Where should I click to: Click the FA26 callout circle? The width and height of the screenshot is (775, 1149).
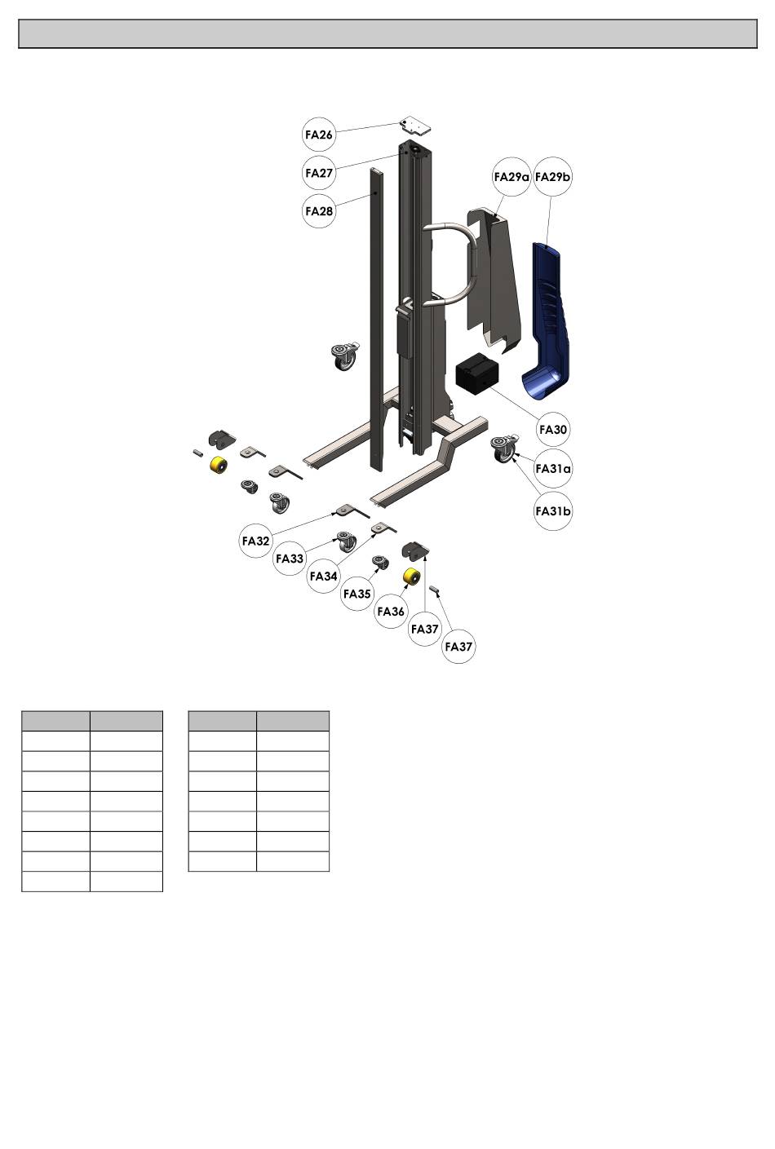(x=319, y=135)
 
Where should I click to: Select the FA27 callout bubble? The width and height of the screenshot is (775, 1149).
(x=319, y=173)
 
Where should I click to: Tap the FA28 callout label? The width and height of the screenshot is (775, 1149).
(x=319, y=211)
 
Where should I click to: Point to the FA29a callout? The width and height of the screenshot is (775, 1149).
(x=511, y=177)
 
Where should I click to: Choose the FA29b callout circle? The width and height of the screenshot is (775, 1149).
(x=552, y=177)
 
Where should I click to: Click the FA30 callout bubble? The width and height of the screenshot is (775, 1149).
(x=553, y=429)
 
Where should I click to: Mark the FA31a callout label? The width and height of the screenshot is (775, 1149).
(x=553, y=468)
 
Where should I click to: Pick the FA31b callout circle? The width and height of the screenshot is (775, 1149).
(x=553, y=511)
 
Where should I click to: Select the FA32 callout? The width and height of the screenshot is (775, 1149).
(x=255, y=541)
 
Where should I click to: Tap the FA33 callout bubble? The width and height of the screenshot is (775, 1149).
(x=290, y=558)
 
